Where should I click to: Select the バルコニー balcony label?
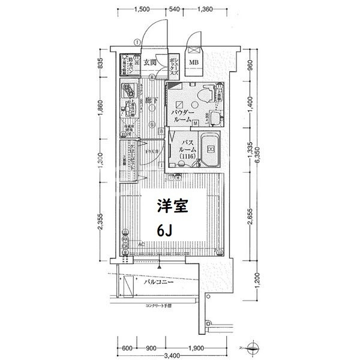click(x=160, y=281)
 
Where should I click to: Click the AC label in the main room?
click(x=142, y=245)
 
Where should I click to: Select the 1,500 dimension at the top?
click(x=142, y=9)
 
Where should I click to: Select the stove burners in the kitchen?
click(x=128, y=91)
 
